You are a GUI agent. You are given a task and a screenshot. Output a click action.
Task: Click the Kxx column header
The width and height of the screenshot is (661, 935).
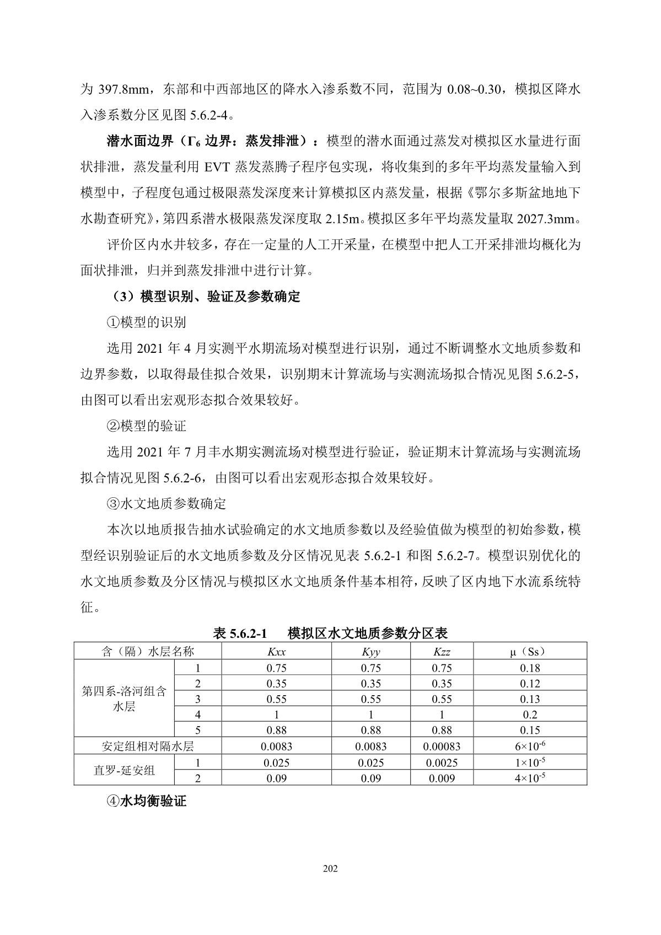(x=276, y=652)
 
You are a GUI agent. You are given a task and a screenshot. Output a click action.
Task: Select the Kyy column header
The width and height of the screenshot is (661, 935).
(x=370, y=652)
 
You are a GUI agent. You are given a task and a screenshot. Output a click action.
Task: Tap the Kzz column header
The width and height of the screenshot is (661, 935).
(x=442, y=652)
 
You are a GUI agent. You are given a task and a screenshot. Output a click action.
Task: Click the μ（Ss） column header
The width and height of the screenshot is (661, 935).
(x=529, y=652)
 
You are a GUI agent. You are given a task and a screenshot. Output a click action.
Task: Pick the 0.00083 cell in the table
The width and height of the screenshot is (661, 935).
(x=442, y=747)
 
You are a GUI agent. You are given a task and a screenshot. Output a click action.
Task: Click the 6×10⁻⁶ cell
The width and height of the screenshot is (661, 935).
(x=529, y=746)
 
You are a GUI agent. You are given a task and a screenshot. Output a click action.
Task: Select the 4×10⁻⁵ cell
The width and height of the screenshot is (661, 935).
(x=529, y=778)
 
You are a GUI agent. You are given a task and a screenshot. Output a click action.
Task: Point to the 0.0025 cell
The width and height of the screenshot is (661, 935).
(x=442, y=763)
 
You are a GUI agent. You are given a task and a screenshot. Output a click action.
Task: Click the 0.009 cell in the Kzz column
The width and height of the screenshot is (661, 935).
(x=442, y=778)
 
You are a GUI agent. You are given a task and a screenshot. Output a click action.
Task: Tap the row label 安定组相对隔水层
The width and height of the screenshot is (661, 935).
(x=148, y=747)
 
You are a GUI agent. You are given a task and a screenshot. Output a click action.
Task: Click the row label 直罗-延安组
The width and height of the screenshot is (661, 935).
(x=124, y=771)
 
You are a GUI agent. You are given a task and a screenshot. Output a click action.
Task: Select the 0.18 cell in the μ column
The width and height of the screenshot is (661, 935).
(x=529, y=668)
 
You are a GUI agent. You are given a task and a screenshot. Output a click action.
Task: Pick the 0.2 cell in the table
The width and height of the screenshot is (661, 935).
(x=529, y=715)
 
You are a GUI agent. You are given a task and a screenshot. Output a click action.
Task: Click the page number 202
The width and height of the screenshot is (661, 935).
(x=330, y=869)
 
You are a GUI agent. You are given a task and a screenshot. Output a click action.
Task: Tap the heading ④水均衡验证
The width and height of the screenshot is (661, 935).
(x=146, y=801)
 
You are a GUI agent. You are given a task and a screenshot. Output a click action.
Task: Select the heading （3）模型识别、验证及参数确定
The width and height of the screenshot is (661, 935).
(x=203, y=297)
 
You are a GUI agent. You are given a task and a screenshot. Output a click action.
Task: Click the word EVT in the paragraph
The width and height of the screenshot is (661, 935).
(x=220, y=167)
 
